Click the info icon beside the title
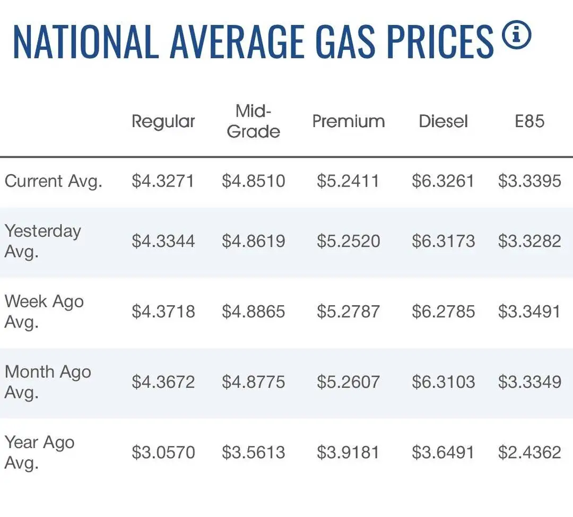click(516, 35)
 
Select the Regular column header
click(163, 122)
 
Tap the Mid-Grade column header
click(253, 121)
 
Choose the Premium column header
click(349, 121)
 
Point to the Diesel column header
click(443, 121)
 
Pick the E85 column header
click(529, 121)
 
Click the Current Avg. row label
click(54, 181)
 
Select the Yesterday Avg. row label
click(43, 242)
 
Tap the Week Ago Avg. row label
click(44, 312)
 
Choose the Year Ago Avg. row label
click(39, 453)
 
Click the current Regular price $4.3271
click(163, 181)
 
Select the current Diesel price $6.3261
click(443, 181)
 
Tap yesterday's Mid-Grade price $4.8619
click(253, 241)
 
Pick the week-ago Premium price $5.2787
click(348, 311)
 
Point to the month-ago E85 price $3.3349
click(529, 382)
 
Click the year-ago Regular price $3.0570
click(163, 452)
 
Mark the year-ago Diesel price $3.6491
click(443, 452)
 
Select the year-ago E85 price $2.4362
click(529, 452)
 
